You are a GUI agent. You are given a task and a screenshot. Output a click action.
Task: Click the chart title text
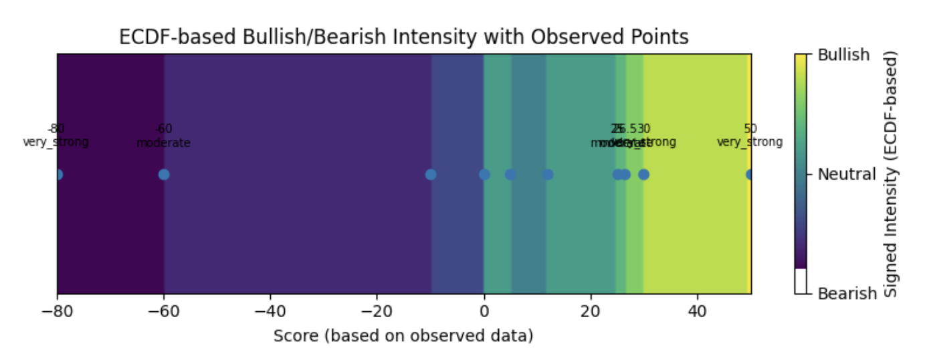(403, 37)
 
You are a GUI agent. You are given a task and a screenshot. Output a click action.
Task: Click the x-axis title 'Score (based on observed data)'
(403, 336)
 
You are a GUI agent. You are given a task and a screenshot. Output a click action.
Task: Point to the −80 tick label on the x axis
(57, 311)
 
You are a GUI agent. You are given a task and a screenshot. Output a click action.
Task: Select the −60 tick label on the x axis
(163, 311)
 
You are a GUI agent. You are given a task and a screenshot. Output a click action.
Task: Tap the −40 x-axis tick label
(270, 311)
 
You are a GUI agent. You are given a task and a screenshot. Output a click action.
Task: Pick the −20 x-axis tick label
(377, 311)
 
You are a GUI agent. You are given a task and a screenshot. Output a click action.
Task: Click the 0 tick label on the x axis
(484, 311)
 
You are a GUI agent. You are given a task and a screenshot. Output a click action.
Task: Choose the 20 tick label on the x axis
(591, 311)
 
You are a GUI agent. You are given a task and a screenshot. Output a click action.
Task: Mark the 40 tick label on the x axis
(698, 311)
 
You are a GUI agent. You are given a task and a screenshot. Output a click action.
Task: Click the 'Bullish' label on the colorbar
(844, 55)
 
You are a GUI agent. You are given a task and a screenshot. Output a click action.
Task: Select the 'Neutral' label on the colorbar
(847, 175)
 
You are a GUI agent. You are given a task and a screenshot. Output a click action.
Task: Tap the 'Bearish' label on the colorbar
(847, 294)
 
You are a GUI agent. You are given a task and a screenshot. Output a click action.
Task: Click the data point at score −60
(164, 175)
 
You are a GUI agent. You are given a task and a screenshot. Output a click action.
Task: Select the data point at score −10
(431, 175)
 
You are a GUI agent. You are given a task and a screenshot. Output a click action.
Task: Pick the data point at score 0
(484, 175)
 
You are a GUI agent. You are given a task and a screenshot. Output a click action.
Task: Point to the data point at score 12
(548, 175)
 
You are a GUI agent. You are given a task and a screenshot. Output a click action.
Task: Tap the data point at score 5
(510, 175)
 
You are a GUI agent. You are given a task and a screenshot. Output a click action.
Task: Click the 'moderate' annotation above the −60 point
(163, 143)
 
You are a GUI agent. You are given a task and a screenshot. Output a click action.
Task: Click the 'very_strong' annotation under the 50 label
(749, 143)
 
